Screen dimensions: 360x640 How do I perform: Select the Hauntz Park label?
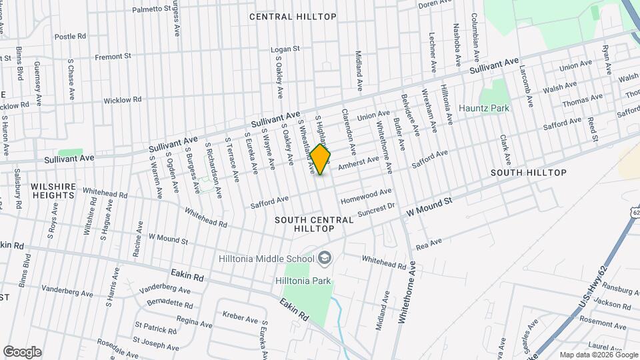(483, 108)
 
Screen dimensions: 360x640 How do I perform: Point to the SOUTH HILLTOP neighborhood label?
(528, 173)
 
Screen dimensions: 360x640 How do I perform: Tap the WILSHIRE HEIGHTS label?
(52, 191)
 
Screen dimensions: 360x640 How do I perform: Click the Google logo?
(22, 352)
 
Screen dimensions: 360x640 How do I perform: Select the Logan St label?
(285, 49)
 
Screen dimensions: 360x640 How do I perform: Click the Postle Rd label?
(70, 37)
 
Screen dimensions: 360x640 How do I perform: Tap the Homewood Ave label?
(366, 197)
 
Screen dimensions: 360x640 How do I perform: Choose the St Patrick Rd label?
(155, 330)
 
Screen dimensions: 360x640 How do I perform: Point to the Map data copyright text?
(598, 355)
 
